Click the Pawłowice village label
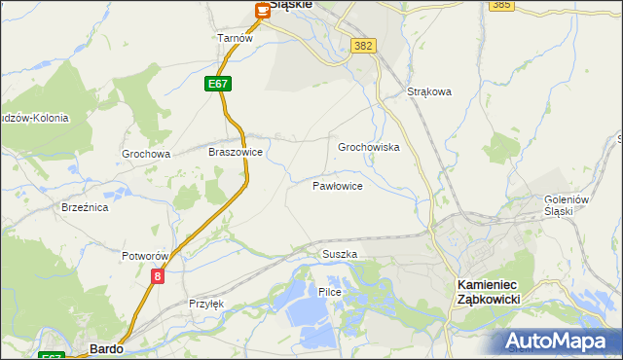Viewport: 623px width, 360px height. click(338, 185)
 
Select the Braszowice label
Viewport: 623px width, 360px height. click(236, 153)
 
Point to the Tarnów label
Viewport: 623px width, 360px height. click(235, 38)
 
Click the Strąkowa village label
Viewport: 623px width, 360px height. click(429, 92)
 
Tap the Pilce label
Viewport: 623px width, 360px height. click(329, 292)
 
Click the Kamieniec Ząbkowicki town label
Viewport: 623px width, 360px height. click(489, 292)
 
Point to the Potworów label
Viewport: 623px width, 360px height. click(146, 256)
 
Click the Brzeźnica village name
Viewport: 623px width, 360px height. click(84, 207)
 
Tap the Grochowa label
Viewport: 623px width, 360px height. click(146, 154)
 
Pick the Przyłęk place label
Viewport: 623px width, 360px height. click(206, 304)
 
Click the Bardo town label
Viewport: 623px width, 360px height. click(105, 347)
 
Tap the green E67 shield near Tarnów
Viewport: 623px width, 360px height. click(218, 85)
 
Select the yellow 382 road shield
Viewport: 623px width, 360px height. click(364, 46)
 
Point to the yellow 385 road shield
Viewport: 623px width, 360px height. click(501, 5)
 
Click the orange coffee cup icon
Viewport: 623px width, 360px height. click(263, 11)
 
